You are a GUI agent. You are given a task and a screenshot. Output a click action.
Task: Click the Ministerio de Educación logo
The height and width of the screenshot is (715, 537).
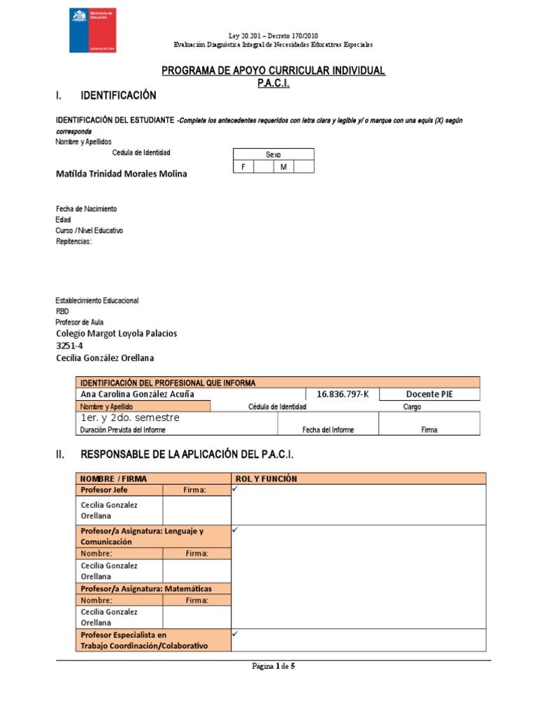point(92,31)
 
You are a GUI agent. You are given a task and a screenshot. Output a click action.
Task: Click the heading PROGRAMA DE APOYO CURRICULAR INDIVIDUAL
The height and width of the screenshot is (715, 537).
point(273,71)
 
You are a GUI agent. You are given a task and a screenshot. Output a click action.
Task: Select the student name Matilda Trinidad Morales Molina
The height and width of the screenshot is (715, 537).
point(121,174)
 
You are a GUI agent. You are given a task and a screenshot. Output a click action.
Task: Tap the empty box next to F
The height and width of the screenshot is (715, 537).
point(263,167)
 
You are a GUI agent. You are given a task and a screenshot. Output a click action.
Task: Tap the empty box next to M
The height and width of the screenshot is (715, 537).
point(303,167)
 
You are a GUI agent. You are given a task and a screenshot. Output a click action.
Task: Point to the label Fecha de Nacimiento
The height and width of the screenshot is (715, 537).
point(86,209)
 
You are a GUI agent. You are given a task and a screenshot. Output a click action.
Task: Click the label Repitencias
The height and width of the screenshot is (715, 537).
point(73,242)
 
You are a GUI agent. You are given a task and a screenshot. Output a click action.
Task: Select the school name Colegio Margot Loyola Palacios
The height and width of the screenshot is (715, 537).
point(116,334)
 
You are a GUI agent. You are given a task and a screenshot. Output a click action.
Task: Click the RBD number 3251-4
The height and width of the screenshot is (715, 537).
point(70,346)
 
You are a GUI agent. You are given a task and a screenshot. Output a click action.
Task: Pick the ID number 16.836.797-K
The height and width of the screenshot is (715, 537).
point(342,395)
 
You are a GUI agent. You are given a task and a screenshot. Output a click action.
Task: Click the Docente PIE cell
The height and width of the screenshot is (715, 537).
point(429,395)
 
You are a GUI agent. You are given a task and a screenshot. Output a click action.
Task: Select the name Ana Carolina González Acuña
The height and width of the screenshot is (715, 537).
point(137,395)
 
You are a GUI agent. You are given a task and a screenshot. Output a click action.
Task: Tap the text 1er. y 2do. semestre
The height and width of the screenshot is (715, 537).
point(130,418)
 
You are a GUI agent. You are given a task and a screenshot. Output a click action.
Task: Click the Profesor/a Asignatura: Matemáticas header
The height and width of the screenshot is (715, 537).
point(146,589)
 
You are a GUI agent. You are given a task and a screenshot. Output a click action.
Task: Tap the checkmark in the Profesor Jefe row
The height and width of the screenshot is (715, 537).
point(236,490)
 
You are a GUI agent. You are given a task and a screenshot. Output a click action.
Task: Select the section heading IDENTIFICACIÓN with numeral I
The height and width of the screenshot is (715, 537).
point(118,95)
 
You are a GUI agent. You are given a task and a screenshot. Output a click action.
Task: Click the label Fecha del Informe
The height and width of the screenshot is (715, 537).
point(327,430)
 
